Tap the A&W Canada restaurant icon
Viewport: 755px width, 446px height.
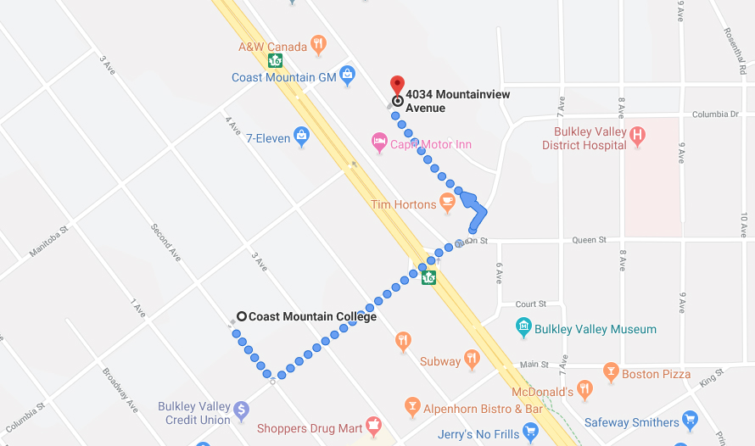[x=318, y=44]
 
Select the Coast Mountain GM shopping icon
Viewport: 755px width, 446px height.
[x=347, y=75]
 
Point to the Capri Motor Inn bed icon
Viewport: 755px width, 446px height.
[x=379, y=140]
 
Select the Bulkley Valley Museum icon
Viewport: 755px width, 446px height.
[x=523, y=327]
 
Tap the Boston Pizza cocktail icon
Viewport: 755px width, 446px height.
[x=610, y=371]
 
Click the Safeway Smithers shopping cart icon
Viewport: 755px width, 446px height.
[x=690, y=421]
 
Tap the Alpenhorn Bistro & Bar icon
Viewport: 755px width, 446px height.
[x=412, y=407]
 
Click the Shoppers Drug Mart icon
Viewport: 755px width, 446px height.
[x=372, y=426]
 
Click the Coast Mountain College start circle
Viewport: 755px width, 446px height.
[x=242, y=316]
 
